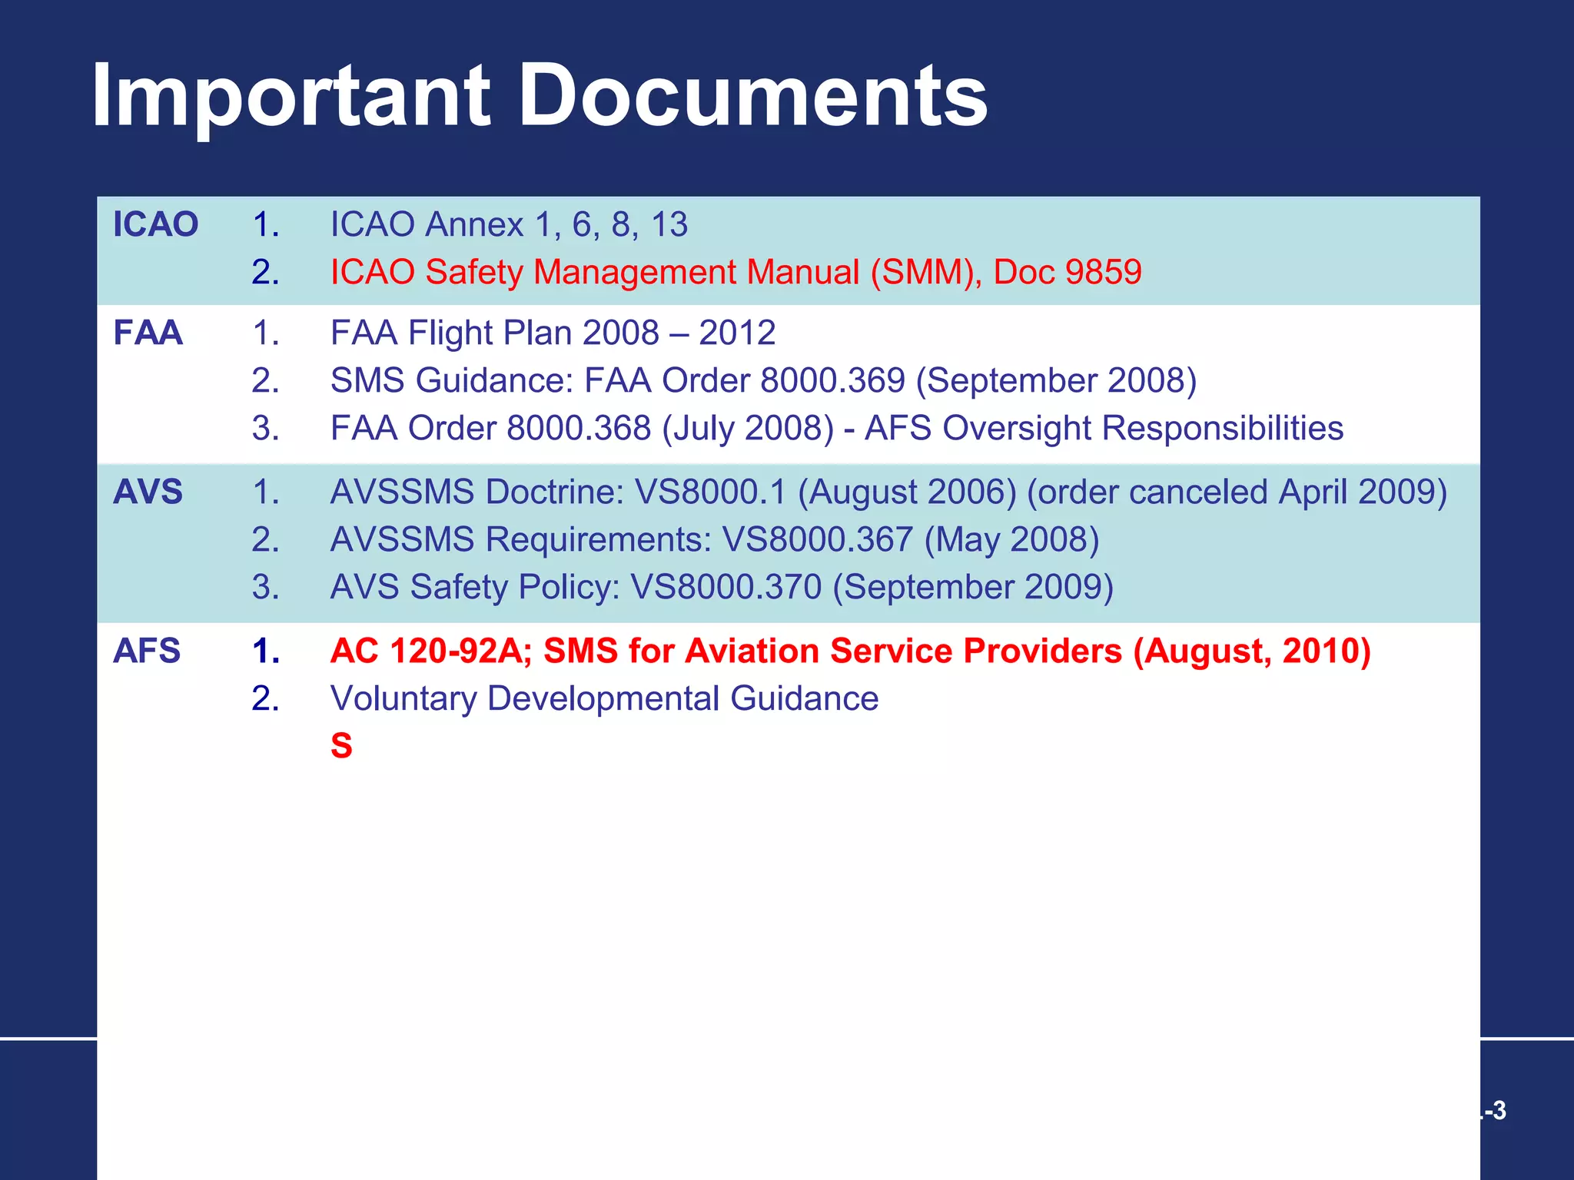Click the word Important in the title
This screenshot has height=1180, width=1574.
coord(291,95)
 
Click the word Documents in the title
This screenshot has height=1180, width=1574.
coord(753,95)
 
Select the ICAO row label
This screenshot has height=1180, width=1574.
coord(155,224)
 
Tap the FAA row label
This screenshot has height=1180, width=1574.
coord(148,333)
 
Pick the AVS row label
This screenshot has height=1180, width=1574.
coord(148,492)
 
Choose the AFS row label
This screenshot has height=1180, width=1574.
coord(147,651)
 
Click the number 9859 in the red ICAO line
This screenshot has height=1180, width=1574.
coord(1105,272)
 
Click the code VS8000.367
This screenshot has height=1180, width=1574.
coord(818,539)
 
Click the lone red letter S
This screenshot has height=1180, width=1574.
coord(341,746)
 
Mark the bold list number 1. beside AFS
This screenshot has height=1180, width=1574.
coord(266,651)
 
